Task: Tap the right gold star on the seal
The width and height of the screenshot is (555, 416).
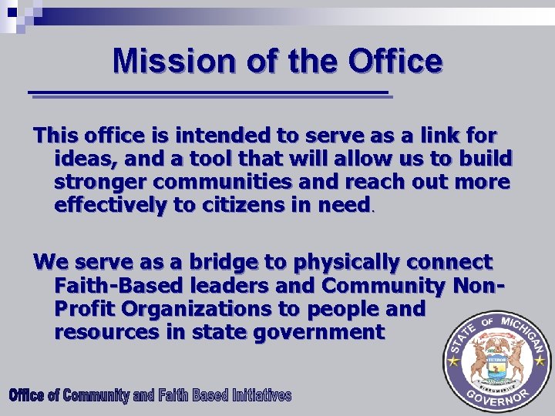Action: tap(540, 360)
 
